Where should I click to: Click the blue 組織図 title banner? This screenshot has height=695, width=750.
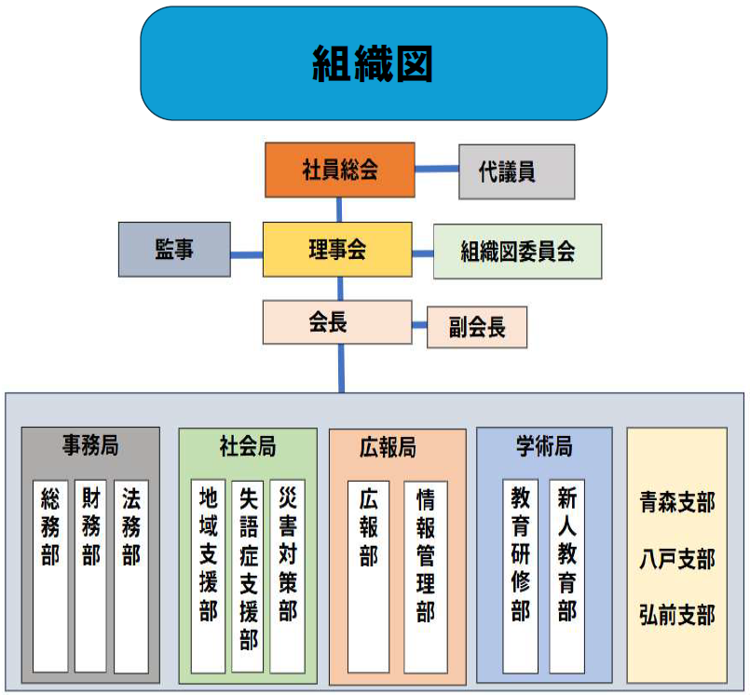(374, 63)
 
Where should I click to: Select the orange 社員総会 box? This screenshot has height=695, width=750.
(338, 170)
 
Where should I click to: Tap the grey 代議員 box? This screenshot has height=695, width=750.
(516, 171)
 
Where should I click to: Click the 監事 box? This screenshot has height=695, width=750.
(174, 250)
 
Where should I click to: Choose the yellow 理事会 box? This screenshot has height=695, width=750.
(337, 249)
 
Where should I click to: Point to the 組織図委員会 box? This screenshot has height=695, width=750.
(517, 252)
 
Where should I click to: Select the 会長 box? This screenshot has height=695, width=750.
(337, 322)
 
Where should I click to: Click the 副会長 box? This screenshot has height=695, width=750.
(477, 328)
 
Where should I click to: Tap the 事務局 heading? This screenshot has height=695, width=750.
(91, 444)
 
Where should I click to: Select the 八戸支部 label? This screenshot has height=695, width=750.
(676, 559)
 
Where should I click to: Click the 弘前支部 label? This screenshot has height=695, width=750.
(676, 615)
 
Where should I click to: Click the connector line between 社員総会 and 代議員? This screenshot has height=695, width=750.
(436, 170)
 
